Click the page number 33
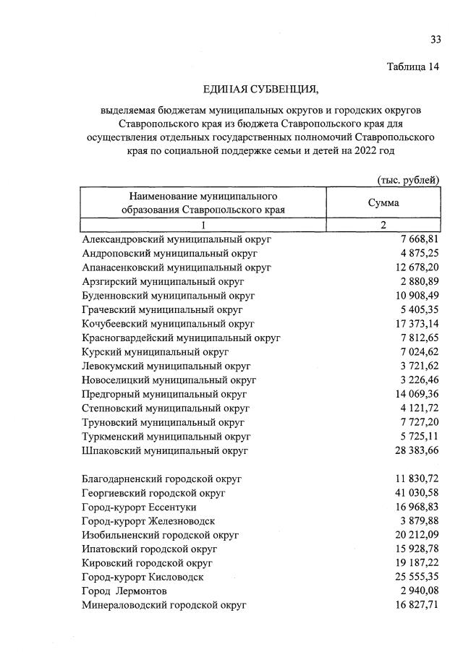point(435,39)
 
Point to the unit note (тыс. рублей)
point(408,179)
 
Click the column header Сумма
point(383,203)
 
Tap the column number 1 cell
point(203,225)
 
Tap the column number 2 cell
point(383,225)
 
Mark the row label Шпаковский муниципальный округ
point(166,450)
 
